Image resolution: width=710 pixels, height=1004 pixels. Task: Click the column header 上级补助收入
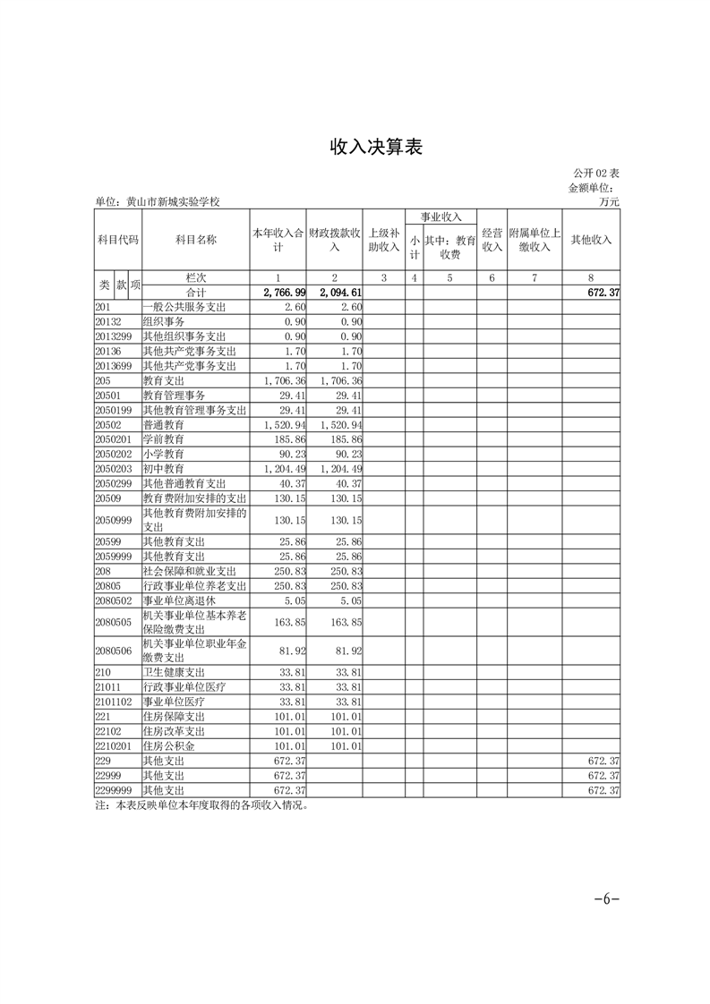click(x=383, y=240)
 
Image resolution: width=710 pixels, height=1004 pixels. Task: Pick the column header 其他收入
click(x=591, y=240)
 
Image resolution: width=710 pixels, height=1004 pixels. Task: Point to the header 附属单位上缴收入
click(x=534, y=240)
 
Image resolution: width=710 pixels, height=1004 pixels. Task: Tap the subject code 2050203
click(x=114, y=469)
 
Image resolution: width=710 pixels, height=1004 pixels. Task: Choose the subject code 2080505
click(x=114, y=622)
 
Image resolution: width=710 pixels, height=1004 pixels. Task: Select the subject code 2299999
click(x=114, y=791)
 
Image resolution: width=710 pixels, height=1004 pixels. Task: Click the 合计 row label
click(x=196, y=293)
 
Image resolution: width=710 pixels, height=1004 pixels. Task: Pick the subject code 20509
click(x=108, y=498)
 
